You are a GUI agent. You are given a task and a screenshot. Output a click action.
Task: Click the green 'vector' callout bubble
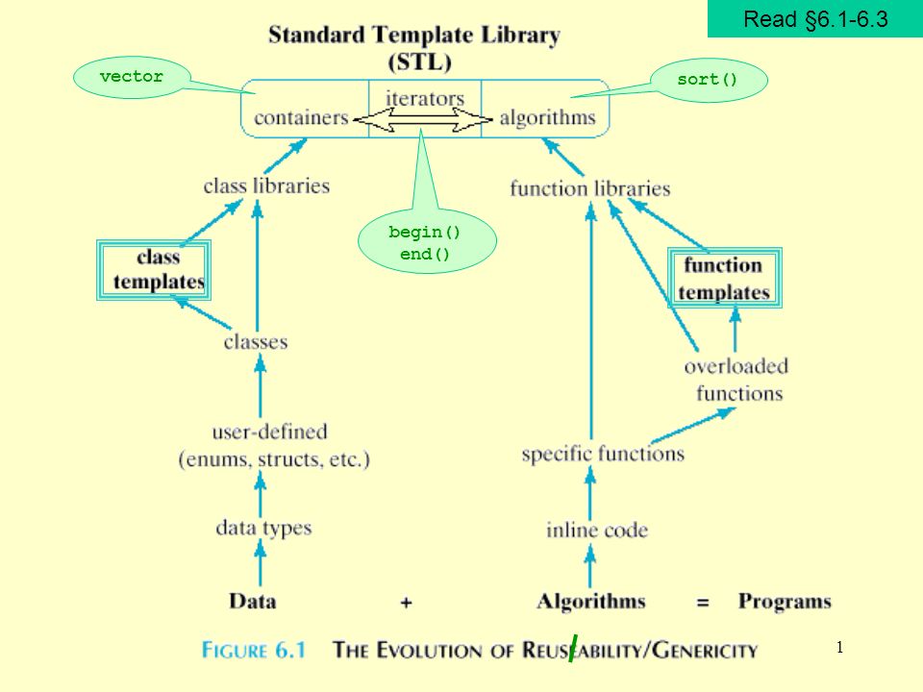[131, 78]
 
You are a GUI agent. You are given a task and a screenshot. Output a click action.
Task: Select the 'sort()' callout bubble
[707, 80]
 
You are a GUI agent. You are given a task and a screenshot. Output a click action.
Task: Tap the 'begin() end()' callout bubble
[425, 243]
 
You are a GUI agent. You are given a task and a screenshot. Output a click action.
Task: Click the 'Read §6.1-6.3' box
[814, 19]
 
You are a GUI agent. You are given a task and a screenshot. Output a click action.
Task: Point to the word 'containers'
[301, 118]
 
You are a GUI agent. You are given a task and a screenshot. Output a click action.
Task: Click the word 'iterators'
[425, 98]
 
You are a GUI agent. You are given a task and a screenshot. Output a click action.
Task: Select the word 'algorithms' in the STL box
[547, 118]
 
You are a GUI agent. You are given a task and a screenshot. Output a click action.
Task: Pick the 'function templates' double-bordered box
[726, 279]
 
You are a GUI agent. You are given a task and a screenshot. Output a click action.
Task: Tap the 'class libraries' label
[266, 185]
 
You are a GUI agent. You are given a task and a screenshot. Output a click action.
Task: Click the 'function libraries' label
[590, 188]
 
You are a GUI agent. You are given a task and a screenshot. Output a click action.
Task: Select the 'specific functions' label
[603, 453]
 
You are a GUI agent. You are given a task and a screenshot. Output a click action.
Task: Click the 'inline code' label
[597, 529]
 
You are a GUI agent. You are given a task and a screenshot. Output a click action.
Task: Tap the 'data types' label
[263, 527]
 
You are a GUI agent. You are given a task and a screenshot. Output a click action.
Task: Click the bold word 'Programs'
[785, 602]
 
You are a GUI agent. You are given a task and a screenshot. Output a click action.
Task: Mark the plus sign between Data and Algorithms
[407, 603]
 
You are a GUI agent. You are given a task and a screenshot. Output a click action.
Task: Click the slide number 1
[839, 649]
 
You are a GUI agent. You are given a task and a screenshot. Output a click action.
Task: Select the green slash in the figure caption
[573, 649]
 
